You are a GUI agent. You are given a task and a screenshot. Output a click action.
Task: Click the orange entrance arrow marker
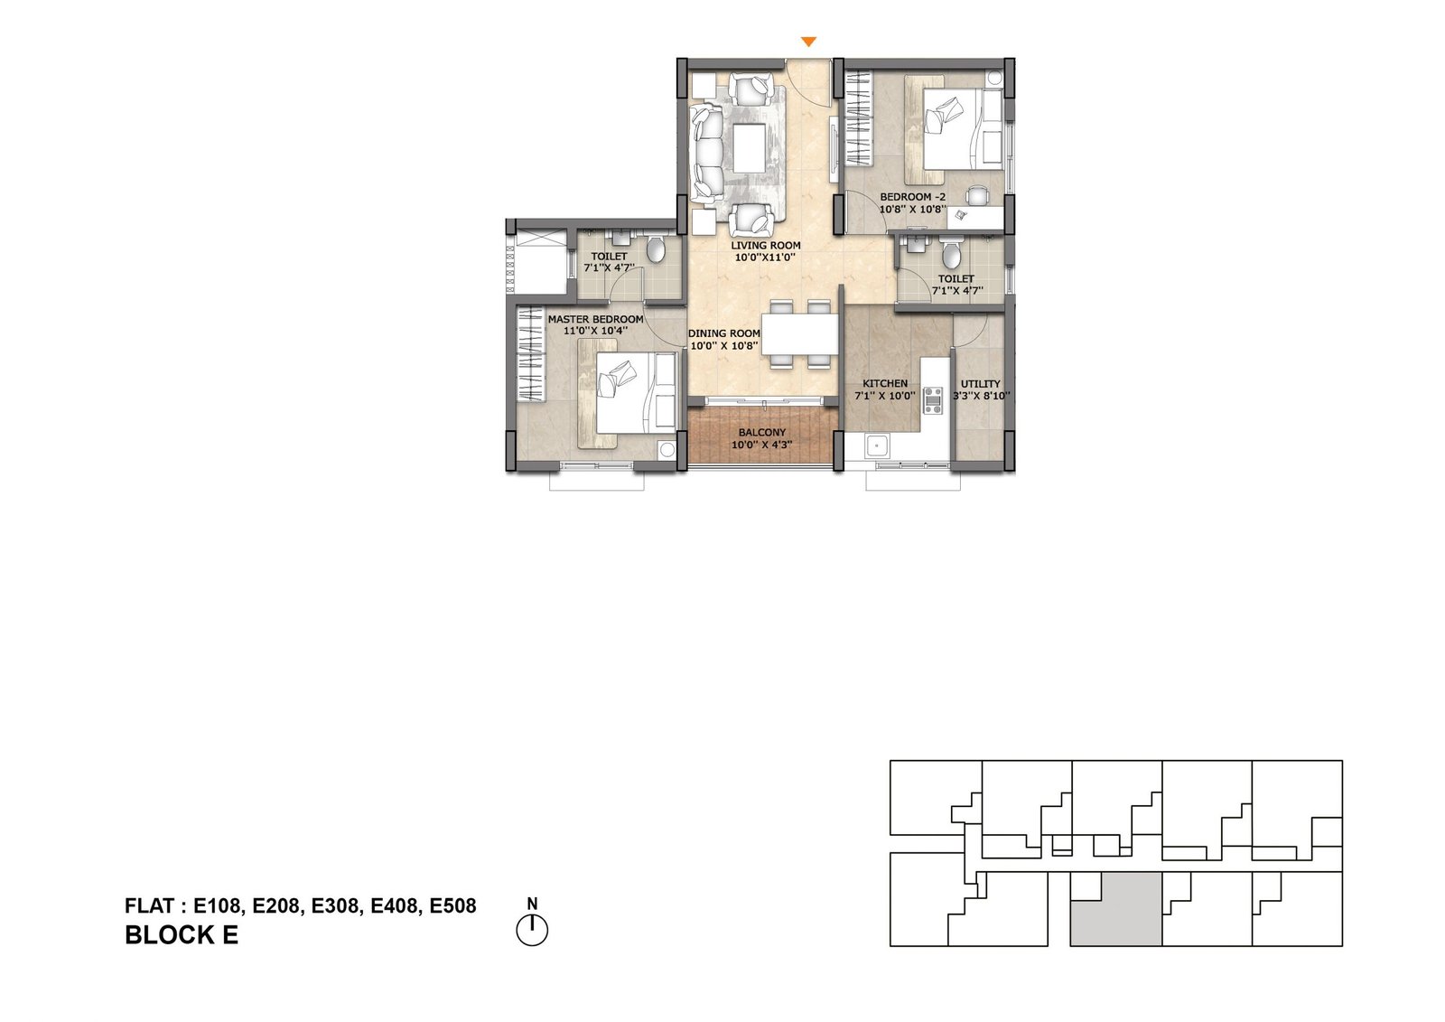coord(809,42)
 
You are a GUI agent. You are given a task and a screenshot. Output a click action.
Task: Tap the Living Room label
coord(765,245)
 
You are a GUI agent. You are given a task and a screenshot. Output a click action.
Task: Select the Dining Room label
coord(723,333)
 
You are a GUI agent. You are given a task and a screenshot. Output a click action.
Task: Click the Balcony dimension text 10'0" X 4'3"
coord(761,445)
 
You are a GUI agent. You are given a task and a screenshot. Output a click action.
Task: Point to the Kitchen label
coord(885,383)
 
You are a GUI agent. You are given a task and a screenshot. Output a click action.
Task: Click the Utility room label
coord(980,384)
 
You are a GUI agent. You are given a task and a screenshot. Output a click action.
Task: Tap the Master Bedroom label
coord(595,319)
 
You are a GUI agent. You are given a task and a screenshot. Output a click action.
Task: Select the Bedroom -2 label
coord(912,197)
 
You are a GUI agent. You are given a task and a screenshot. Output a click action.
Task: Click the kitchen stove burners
coord(932,400)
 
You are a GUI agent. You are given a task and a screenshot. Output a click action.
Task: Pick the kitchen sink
coord(876,445)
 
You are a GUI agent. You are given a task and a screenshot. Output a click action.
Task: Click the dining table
coord(800,333)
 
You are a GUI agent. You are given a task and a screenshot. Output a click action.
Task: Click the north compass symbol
coord(532,929)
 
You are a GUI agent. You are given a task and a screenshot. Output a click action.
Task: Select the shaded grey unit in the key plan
coord(1115,909)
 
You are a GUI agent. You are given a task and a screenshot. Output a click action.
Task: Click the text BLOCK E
coord(182,936)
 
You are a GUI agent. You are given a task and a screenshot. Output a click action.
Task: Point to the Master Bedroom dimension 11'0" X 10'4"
coord(596,331)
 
